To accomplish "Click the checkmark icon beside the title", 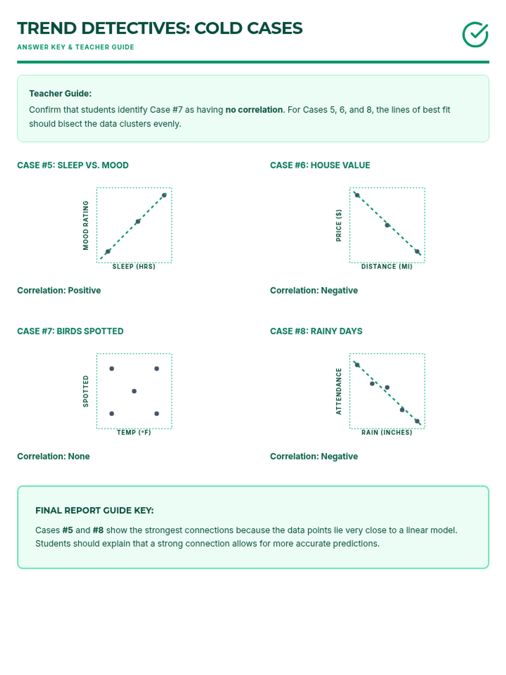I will point(475,35).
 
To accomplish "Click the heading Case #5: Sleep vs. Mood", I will point(73,165).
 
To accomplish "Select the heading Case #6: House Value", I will point(320,165).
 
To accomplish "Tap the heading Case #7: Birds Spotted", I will point(70,331).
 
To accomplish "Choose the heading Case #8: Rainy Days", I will point(316,331).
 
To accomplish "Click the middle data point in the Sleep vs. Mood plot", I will point(138,221).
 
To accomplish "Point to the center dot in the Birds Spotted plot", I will point(134,391).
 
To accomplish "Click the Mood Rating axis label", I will point(86,225).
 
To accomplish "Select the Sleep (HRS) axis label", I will point(134,267).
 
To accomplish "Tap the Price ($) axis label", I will point(339,225).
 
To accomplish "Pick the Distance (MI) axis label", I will point(387,267).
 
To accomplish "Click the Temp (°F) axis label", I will point(134,432).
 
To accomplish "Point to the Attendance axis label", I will point(339,391).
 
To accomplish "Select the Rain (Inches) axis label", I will point(387,432).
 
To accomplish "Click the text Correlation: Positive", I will point(59,290).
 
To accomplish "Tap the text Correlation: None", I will point(54,456).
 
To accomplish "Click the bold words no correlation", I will point(254,110).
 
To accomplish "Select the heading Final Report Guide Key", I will point(94,510).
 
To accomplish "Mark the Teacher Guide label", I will point(60,94).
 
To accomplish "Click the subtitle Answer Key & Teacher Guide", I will point(75,47).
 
